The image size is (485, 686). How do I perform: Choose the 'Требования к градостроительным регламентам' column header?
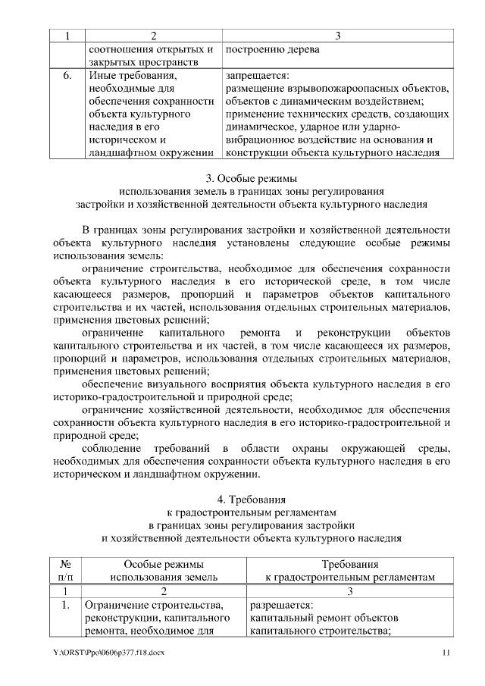(x=350, y=570)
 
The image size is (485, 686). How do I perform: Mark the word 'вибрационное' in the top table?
(x=259, y=139)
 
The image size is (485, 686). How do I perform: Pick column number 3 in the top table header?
(x=337, y=36)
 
